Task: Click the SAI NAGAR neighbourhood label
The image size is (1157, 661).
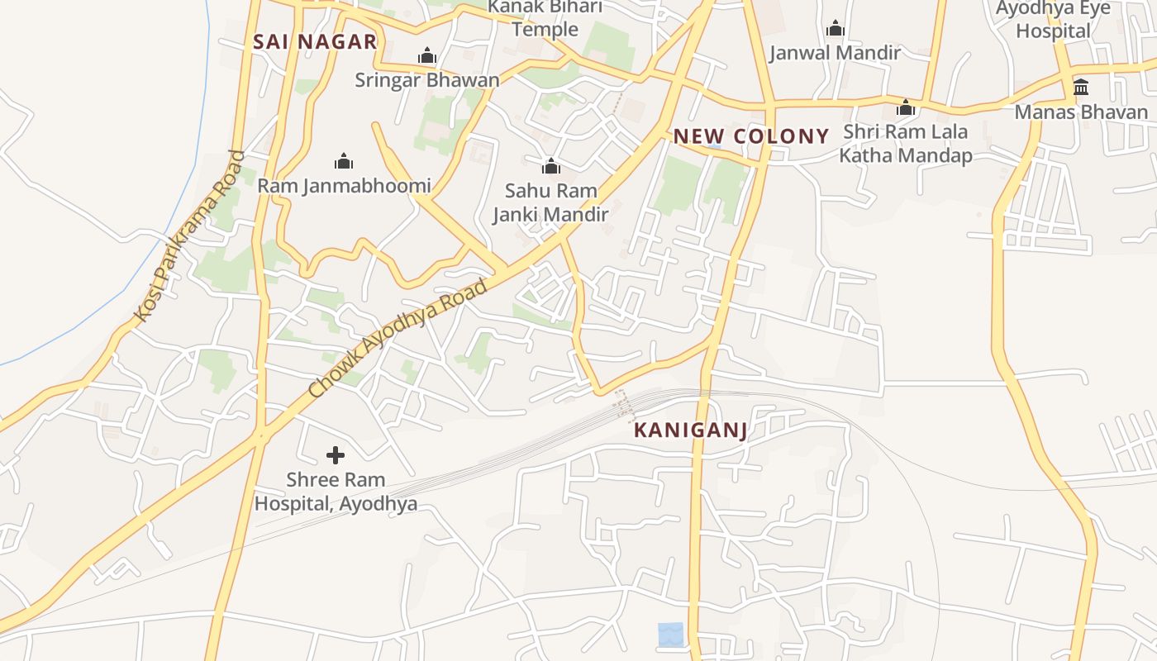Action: tap(315, 41)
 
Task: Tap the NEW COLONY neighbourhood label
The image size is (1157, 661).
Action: tap(751, 136)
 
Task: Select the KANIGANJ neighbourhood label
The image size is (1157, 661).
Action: tap(691, 430)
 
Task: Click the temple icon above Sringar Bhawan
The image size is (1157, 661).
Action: tap(427, 56)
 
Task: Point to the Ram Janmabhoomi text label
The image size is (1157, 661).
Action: tap(344, 186)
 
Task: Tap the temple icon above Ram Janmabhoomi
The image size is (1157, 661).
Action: tap(344, 161)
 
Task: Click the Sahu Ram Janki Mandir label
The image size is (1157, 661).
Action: tap(550, 202)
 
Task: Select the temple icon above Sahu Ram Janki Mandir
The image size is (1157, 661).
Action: tap(551, 167)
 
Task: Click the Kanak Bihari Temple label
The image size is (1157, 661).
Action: tap(545, 18)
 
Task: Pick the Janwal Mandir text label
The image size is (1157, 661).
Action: tap(835, 53)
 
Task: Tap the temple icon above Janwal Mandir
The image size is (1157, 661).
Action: tap(836, 29)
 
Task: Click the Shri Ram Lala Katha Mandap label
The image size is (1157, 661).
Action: tap(906, 143)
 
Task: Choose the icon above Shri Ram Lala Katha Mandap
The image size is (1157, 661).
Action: tap(906, 108)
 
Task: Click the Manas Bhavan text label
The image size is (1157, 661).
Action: tap(1081, 112)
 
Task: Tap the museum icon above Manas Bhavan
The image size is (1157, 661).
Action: tap(1081, 88)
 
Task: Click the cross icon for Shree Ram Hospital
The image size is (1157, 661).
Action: tap(336, 455)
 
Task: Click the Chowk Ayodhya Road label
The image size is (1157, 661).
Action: tap(398, 338)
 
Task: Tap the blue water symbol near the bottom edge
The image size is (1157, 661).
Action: tap(671, 635)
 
